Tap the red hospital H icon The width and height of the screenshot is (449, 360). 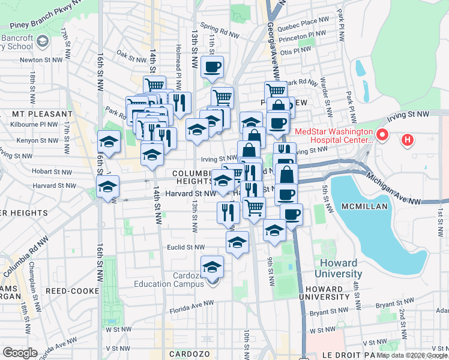point(408,141)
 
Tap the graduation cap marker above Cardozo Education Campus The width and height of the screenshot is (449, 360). point(212,266)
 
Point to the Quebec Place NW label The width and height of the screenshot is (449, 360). point(308,20)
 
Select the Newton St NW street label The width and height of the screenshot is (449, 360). point(41,60)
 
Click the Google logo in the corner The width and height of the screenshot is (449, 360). point(20,353)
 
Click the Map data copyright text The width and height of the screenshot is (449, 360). point(412,355)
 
